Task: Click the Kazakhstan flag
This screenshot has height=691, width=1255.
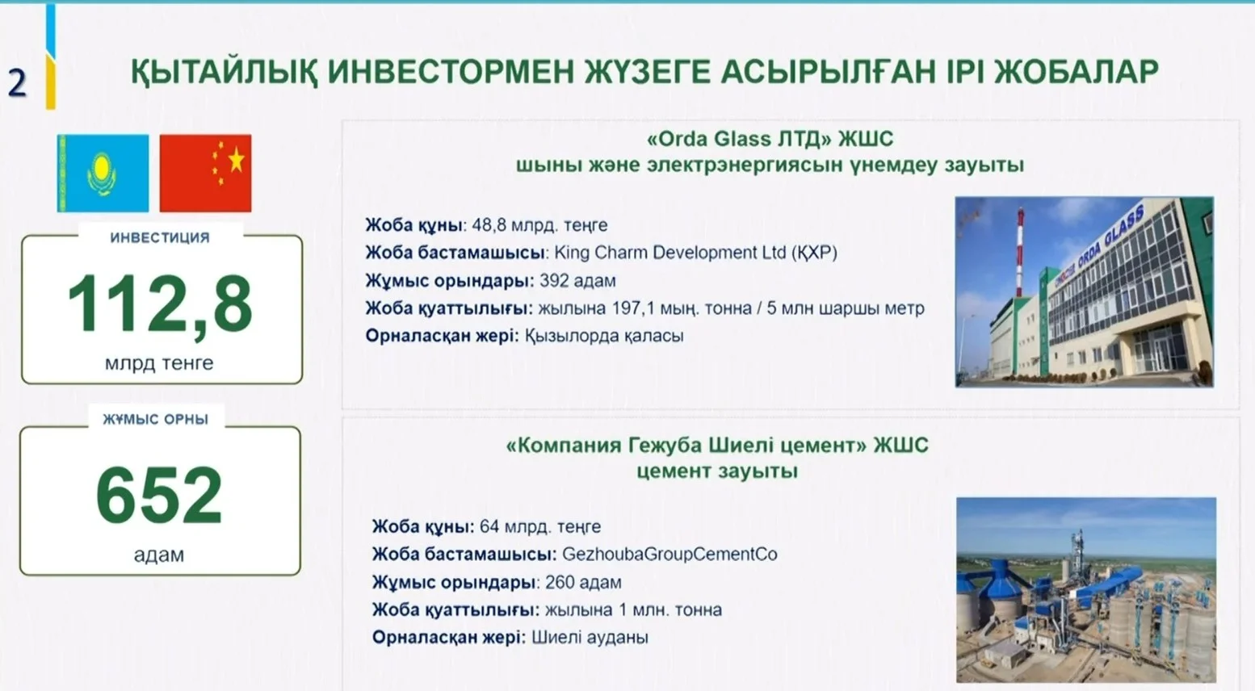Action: click(103, 173)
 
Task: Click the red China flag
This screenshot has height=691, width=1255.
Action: click(206, 173)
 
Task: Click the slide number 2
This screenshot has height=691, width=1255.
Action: click(18, 84)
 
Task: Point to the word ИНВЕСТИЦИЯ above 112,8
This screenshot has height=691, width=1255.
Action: click(160, 237)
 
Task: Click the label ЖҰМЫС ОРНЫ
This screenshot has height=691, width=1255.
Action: click(155, 420)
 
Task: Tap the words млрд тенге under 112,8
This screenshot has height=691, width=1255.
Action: click(159, 363)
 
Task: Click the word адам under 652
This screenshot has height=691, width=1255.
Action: click(159, 555)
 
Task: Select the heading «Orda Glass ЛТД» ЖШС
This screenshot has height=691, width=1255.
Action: click(770, 139)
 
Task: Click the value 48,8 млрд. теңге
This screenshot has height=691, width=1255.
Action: click(539, 225)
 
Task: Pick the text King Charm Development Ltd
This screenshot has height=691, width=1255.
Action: click(670, 253)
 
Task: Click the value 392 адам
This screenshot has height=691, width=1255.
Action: click(577, 281)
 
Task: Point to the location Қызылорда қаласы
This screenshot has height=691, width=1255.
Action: click(604, 336)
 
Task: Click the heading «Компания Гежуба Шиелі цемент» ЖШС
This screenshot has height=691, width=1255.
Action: click(717, 446)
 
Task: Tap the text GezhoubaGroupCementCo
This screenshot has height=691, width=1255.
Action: click(669, 555)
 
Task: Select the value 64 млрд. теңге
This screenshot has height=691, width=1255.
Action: click(540, 527)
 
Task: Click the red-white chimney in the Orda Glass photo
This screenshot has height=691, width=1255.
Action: click(1020, 251)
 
